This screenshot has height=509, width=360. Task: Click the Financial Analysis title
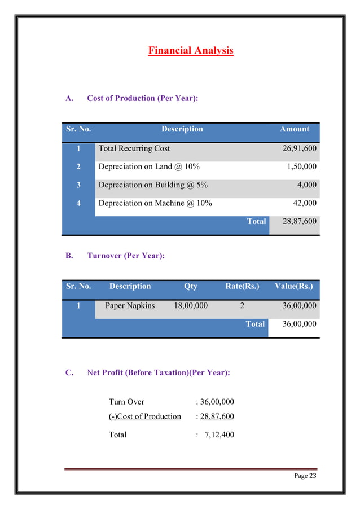pos(190,51)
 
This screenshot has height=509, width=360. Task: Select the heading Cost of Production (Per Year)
pos(142,98)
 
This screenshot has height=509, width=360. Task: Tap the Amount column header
pos(294,129)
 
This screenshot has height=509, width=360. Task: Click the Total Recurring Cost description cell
pos(134,148)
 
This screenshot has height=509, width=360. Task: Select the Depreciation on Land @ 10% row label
pos(149,167)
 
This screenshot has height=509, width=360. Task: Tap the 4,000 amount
pos(307,185)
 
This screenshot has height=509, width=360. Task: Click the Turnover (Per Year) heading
pos(126,256)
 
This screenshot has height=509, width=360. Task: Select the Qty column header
pos(191,286)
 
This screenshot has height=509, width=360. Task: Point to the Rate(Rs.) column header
pos(242,286)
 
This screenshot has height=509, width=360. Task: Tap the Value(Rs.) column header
pos(293,286)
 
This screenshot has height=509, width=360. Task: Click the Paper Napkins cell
pos(130,306)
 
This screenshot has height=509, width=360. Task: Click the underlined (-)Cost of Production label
pos(144,416)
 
